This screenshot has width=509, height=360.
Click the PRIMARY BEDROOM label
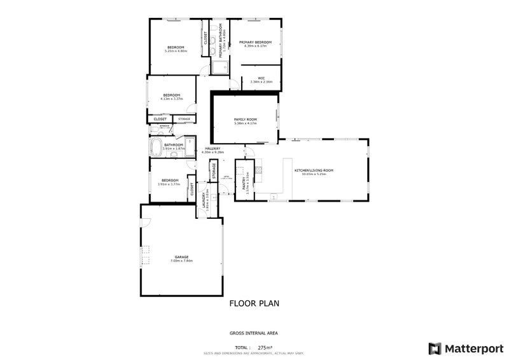(255, 43)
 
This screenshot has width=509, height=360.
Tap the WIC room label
(261, 78)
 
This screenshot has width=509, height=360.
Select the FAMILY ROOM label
(245, 119)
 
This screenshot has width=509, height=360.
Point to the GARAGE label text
(181, 257)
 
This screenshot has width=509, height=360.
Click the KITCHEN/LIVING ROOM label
(314, 170)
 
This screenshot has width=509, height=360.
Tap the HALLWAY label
(213, 149)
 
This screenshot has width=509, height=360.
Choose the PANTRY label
(244, 184)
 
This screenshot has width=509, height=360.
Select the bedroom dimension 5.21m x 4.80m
(176, 52)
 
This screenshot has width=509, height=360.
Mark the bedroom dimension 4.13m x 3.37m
(172, 99)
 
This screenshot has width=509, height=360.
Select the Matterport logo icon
(435, 349)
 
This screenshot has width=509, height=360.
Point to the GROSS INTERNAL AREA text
(253, 333)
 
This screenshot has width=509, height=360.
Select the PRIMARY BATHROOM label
(221, 43)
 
